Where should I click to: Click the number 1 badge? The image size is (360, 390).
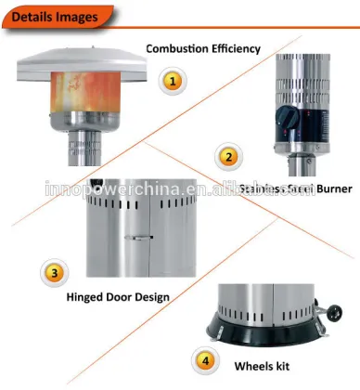(170, 82)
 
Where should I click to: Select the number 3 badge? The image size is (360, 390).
(55, 273)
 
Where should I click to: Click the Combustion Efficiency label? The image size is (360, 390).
(202, 47)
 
